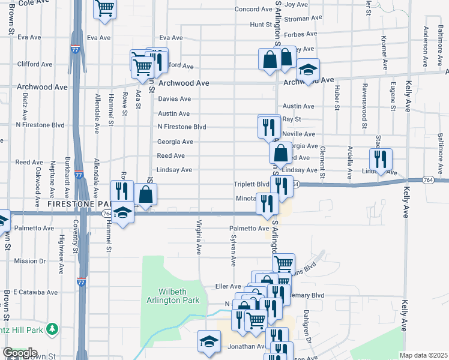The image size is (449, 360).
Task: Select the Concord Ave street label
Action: click(253, 10)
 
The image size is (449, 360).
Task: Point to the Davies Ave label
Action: click(174, 99)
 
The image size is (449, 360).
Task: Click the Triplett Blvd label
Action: click(252, 184)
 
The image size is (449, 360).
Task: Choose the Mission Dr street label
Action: click(29, 261)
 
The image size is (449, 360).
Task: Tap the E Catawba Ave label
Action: click(37, 293)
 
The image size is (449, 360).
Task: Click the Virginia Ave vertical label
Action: click(197, 237)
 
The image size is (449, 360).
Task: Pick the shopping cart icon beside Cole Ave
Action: click(104, 8)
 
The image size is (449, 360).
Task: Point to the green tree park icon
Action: click(53, 329)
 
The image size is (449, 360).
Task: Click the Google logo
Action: click(20, 353)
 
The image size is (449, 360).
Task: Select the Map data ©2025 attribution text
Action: click(423, 355)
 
